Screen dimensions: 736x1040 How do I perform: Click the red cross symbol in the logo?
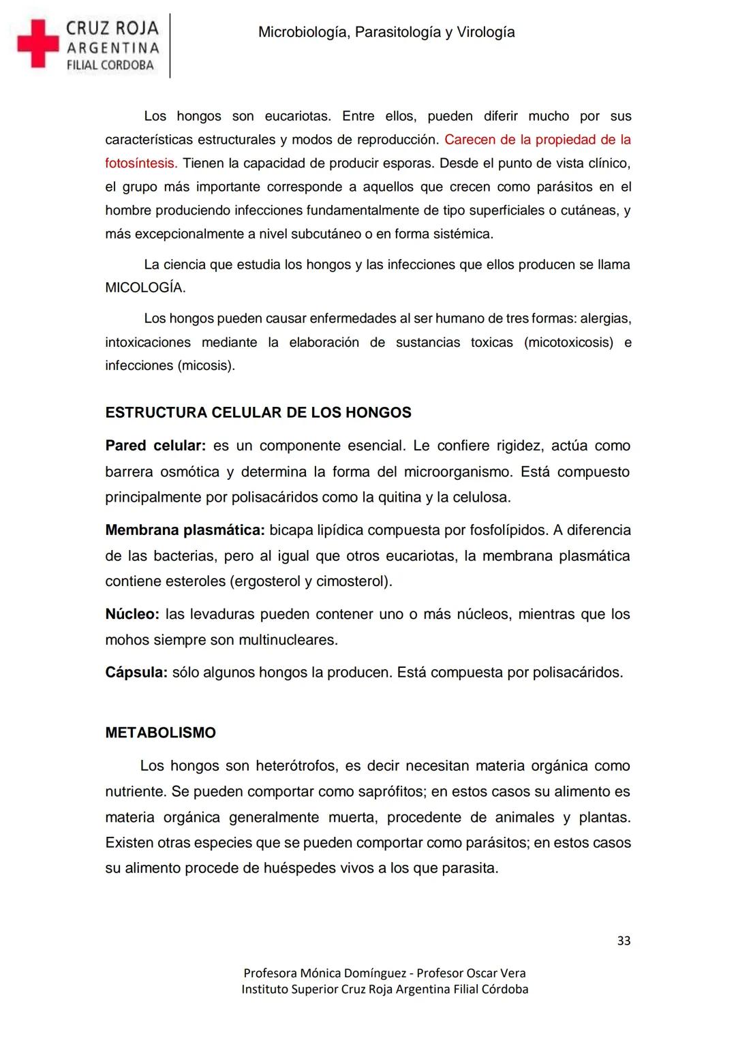point(38,44)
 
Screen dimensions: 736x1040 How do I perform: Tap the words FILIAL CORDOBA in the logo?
point(110,66)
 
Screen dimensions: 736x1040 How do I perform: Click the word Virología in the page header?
point(485,32)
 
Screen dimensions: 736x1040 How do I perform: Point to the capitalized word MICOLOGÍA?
point(144,288)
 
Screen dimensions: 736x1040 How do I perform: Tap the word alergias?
point(606,318)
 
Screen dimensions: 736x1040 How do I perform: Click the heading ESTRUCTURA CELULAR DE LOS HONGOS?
point(258,412)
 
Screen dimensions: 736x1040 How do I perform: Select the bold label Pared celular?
point(155,446)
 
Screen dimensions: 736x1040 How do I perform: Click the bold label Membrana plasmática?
point(185,530)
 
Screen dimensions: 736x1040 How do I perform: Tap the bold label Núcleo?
point(132,614)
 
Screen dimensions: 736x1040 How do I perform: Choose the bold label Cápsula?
point(136,673)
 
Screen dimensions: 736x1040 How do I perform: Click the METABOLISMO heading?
point(160,733)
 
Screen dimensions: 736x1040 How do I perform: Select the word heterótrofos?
point(296,766)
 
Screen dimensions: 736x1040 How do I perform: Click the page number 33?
point(624,941)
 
